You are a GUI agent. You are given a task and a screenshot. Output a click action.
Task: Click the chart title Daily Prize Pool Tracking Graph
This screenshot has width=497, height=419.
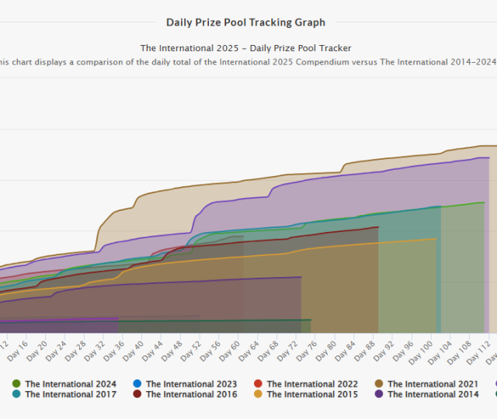coord(245,23)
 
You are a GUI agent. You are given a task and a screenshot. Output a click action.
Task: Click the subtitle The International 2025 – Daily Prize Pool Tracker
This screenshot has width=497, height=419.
coord(245,48)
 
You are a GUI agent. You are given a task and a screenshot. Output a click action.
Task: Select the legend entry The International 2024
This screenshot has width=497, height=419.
coord(71,384)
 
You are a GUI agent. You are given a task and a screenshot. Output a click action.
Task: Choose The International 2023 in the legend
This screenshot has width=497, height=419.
coord(191,384)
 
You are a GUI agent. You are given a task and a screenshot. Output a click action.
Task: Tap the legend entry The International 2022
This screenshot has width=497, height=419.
coord(312,384)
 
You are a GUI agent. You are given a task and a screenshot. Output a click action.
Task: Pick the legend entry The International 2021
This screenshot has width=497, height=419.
coord(433,384)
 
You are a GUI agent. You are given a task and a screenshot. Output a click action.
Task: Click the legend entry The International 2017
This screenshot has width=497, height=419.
coord(71,394)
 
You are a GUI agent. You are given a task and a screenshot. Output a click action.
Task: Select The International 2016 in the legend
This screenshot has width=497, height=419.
coord(191,394)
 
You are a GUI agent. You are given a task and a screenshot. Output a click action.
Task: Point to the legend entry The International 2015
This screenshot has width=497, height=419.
coord(312,394)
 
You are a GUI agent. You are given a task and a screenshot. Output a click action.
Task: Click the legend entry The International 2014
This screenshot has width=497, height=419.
coord(433,394)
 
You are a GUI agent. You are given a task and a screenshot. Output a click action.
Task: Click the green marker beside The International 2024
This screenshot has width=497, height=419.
coord(17,384)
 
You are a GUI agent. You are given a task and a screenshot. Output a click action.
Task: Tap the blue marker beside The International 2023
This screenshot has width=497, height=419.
coord(137,384)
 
